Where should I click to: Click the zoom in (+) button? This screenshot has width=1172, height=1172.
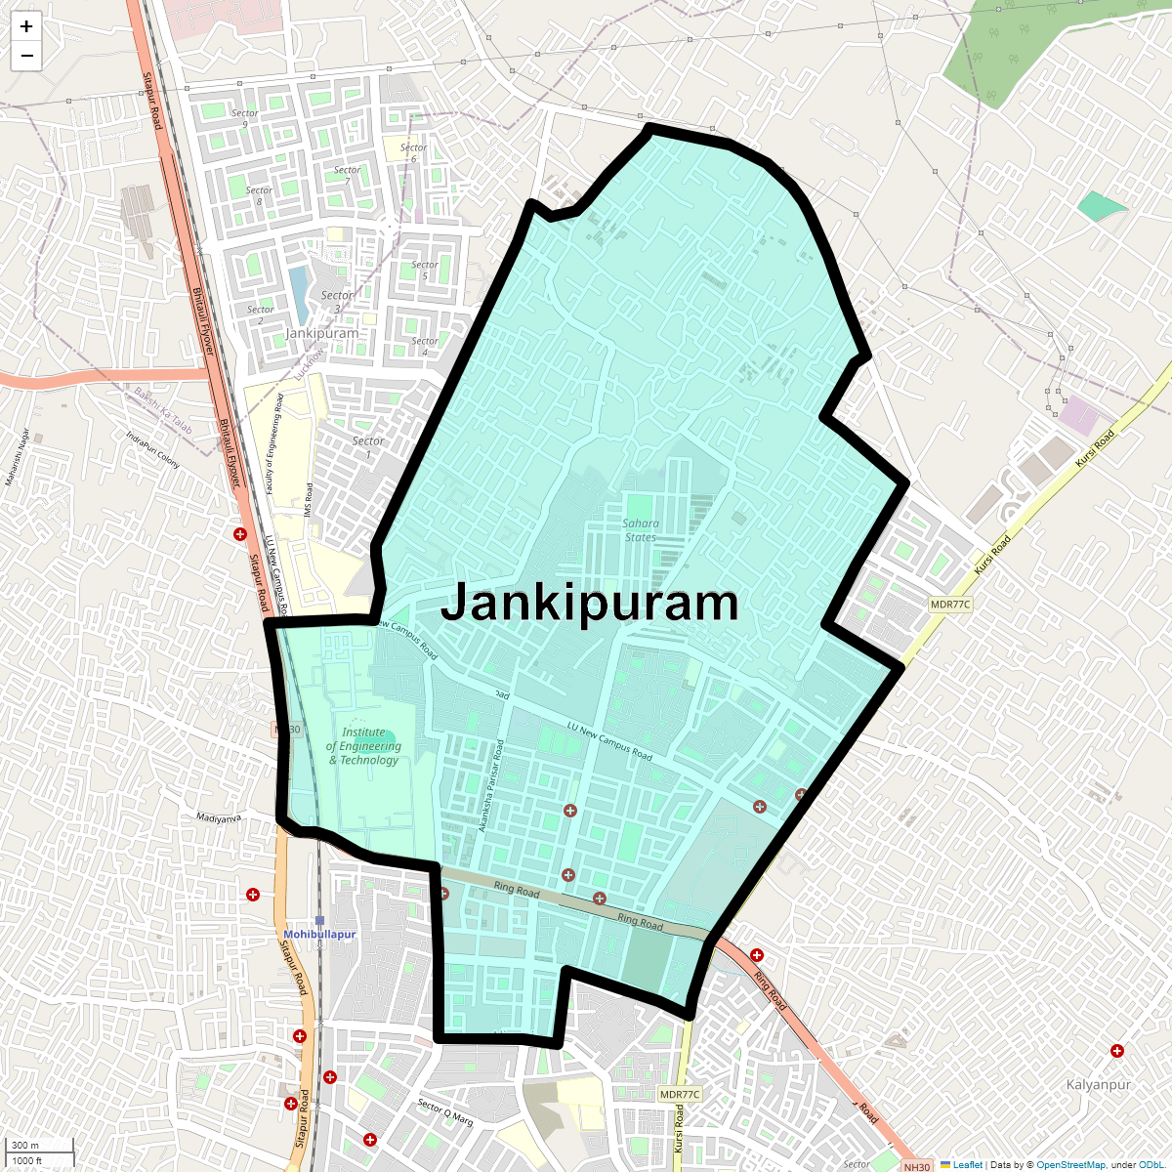26,26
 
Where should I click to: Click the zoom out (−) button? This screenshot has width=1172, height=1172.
26,56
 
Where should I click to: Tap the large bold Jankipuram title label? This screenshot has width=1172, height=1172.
590,603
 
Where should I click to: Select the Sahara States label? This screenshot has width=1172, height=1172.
641,530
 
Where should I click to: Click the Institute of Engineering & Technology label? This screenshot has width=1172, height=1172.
363,746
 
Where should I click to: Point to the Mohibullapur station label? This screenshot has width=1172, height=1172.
319,935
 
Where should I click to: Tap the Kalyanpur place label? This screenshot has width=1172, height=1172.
1098,1085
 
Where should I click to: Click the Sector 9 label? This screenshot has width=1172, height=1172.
244,118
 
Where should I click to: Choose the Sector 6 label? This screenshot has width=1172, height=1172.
413,153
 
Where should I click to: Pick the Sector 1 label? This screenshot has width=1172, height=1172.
368,447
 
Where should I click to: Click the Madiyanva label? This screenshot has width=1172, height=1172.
218,818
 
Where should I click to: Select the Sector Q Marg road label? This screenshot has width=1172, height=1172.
445,1112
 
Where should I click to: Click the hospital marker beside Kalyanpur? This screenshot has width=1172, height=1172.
1117,1051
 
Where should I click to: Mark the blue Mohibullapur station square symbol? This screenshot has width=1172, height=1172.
319,920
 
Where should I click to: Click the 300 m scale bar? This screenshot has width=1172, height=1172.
39,1146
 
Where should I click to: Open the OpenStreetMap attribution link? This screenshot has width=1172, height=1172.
1070,1165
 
